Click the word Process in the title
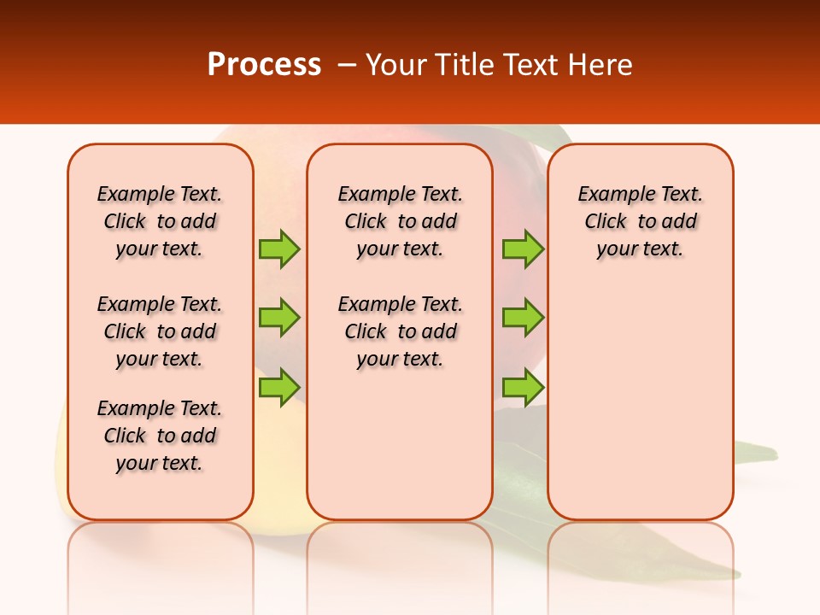pos(264,65)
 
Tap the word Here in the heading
pos(600,65)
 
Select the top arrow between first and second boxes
pos(279,249)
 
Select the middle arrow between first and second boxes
pos(279,318)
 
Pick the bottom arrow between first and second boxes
pos(279,387)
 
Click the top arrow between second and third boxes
pos(523,249)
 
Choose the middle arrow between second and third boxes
pos(523,318)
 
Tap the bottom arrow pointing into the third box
pos(523,387)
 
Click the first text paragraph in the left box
pos(160,221)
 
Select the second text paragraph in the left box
pos(160,331)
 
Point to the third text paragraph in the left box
pos(160,436)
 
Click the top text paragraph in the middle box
pos(400,221)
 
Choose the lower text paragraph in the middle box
pos(400,331)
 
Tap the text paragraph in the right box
pos(640,221)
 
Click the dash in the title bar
pos(347,65)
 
